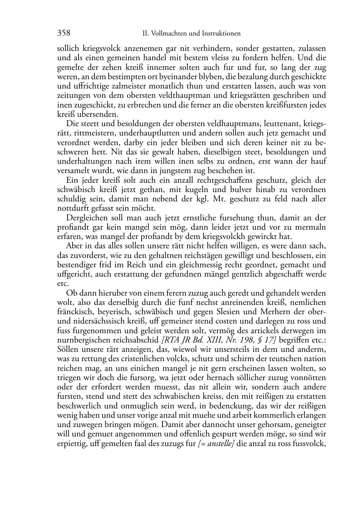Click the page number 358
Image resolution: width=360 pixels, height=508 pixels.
[x=64, y=33]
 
